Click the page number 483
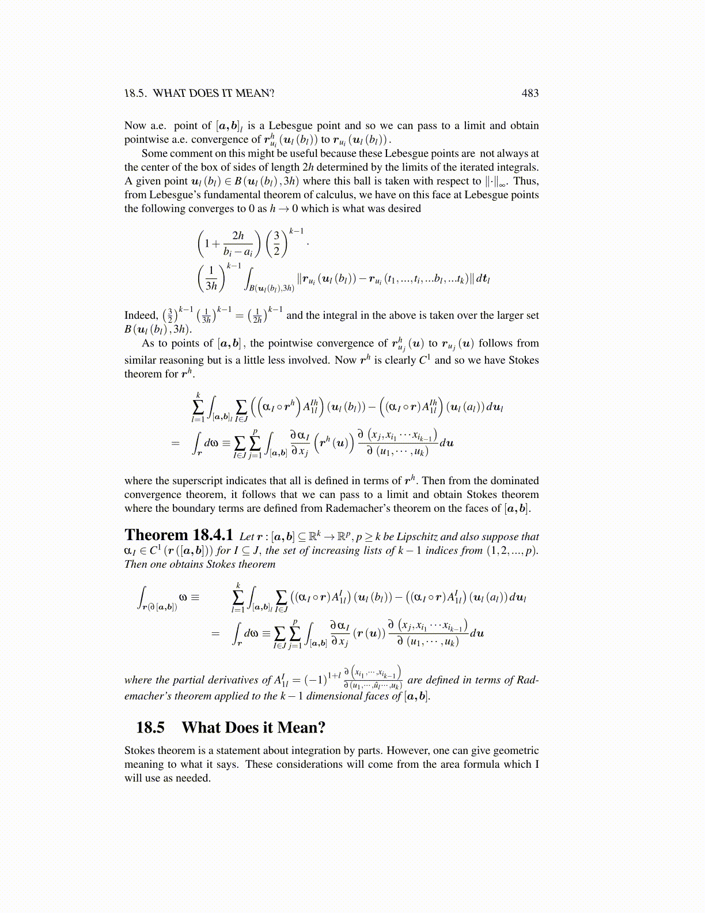(x=529, y=93)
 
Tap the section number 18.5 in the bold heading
(x=150, y=727)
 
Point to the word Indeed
(x=141, y=315)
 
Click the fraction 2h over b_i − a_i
(x=238, y=243)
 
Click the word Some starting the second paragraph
(x=154, y=153)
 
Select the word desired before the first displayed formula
(x=401, y=209)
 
